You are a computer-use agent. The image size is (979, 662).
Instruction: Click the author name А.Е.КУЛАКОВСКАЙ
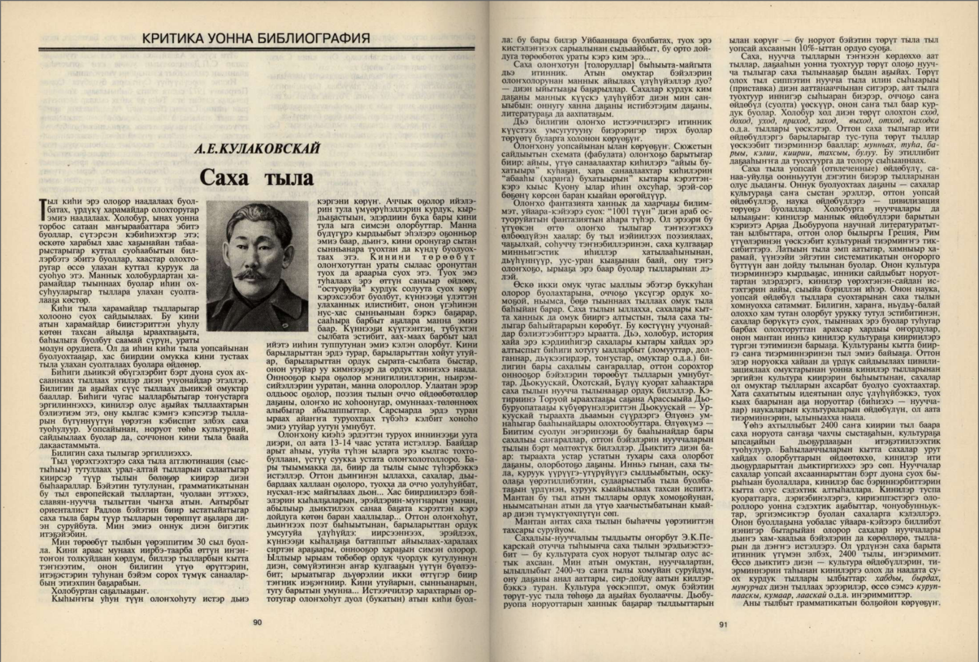click(257, 149)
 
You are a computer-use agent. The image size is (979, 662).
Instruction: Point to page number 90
click(257, 623)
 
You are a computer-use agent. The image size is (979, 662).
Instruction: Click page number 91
click(722, 625)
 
